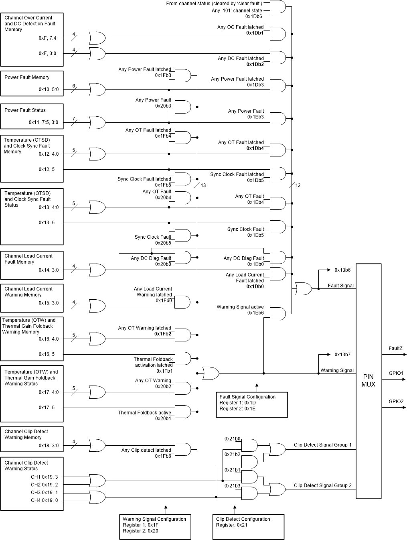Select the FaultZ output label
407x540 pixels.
coord(395,348)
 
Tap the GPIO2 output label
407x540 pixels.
coord(396,401)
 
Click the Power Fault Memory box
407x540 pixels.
coord(32,83)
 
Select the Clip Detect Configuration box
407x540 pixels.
coord(248,526)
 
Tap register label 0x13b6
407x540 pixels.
coord(342,270)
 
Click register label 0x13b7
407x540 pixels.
coord(342,355)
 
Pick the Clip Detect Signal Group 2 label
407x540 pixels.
coord(322,485)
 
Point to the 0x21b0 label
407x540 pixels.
coord(232,438)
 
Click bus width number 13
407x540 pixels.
coord(203,185)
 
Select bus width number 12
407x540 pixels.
coord(298,185)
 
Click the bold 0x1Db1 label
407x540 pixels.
coord(255,33)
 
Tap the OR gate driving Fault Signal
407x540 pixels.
coord(303,289)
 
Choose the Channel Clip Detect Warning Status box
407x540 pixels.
coord(32,484)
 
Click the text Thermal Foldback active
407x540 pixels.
coord(144,412)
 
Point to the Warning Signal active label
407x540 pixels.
coord(240,307)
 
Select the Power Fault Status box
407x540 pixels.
coord(32,116)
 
